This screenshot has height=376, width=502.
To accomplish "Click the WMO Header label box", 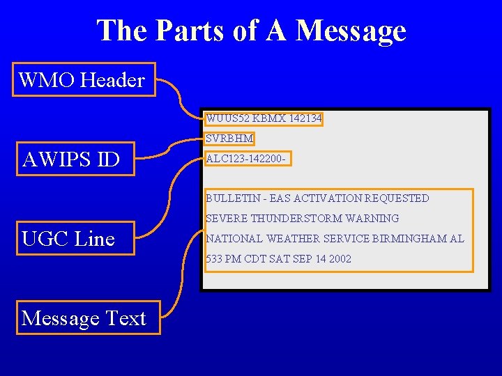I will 84,79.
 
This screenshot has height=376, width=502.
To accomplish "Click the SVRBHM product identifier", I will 229,139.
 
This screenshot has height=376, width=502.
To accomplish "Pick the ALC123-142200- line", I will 245,159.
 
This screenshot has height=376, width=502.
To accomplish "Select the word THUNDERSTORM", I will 289,219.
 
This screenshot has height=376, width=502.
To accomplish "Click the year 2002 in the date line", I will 340,259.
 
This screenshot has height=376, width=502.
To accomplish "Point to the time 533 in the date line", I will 213,259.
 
